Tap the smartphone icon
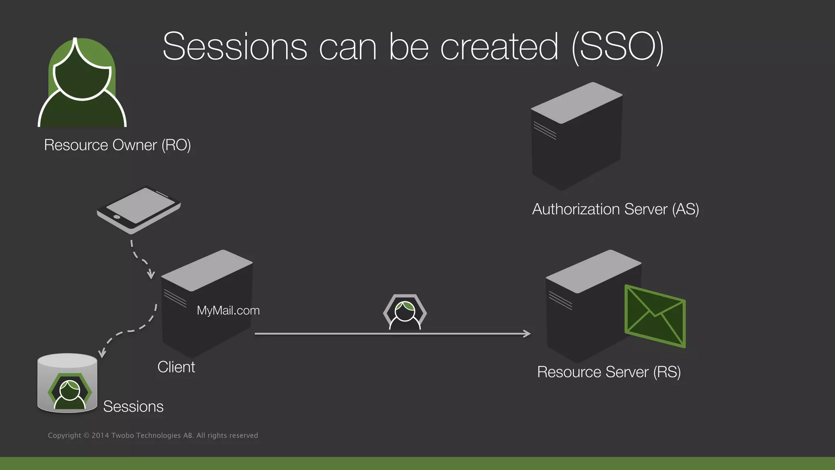point(139,209)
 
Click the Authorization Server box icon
point(577,136)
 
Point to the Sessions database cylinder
point(67,384)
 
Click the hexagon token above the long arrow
point(405,312)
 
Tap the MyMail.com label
point(228,310)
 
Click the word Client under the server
point(176,367)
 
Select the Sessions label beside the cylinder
point(133,406)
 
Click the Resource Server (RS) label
point(609,372)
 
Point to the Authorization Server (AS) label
point(615,209)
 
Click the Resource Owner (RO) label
point(117,145)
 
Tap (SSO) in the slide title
point(618,47)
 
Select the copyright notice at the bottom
point(153,435)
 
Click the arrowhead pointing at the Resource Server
point(527,334)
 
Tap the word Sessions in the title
point(235,47)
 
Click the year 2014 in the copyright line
point(100,435)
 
